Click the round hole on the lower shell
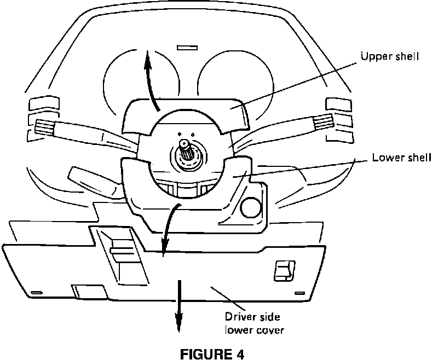tap(250, 207)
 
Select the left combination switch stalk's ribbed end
tap(44, 129)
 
